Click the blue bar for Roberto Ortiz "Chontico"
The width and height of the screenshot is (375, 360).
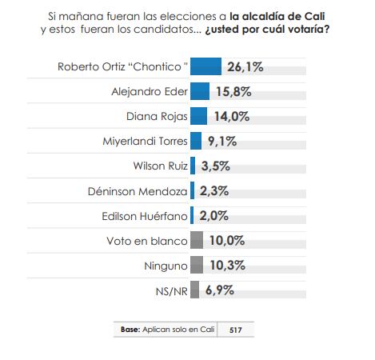coord(206,66)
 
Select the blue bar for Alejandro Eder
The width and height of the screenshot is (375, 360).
coord(200,91)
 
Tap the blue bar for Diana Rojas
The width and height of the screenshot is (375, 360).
coord(199,116)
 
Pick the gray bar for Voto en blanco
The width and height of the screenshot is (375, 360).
coord(197,240)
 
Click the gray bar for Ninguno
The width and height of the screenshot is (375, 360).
coord(197,265)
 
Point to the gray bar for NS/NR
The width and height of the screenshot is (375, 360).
coord(194,290)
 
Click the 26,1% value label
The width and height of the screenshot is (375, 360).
coord(246,66)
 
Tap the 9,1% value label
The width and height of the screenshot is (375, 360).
coord(221,141)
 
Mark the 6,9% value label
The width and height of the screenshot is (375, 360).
coord(219,290)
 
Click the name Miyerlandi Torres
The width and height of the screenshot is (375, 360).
coord(144,142)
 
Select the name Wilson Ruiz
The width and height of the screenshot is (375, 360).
coord(160,166)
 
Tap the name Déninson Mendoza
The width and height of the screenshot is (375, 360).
coord(138,191)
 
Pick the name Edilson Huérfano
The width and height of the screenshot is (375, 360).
coord(144,216)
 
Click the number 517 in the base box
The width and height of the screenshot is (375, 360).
coord(237,329)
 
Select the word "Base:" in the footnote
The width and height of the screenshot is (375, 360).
coord(130,329)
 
